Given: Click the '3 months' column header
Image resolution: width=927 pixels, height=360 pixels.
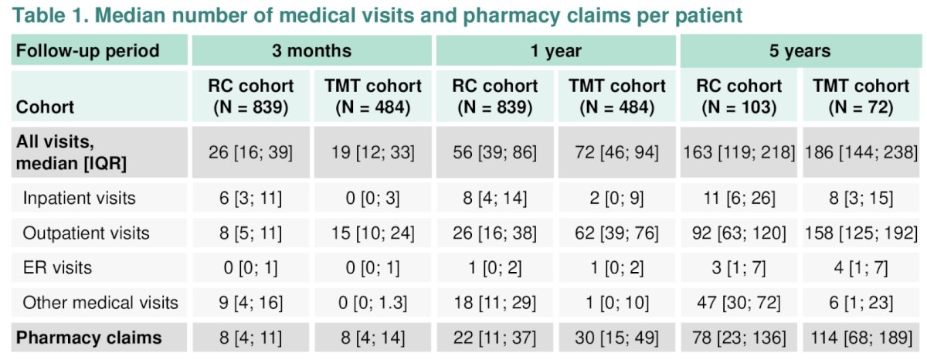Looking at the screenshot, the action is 311,51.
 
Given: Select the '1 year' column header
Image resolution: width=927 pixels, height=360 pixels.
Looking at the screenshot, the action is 555,51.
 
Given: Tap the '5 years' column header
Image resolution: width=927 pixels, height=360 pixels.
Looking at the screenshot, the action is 800,51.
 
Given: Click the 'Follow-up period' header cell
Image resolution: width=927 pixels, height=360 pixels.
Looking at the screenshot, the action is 87,51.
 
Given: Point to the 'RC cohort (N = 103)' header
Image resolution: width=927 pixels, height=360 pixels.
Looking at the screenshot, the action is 739,97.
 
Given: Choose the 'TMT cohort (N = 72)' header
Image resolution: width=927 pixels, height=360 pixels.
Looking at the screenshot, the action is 861,97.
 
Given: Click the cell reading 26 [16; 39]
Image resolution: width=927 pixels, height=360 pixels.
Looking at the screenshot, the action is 250,152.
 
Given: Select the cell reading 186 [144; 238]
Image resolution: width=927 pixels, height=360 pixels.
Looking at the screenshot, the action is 861,152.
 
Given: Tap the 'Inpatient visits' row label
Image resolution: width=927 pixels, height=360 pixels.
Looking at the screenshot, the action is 79,198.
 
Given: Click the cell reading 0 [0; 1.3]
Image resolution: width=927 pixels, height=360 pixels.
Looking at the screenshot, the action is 372,303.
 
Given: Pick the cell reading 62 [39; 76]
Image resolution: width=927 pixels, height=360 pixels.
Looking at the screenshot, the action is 616,233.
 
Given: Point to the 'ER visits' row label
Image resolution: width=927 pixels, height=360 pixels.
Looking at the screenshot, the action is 57,267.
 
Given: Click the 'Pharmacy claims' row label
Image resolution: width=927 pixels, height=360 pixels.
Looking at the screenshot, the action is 89,338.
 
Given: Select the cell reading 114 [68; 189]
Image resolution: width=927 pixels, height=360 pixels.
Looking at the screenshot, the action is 861,338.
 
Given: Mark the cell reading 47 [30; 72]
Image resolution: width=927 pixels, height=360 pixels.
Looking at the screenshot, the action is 739,303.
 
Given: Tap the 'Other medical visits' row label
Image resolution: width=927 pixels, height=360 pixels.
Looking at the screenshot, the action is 100,303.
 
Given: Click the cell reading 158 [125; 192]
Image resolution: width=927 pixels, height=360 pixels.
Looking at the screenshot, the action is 861,233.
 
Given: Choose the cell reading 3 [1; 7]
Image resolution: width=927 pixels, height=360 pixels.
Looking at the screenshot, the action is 739,267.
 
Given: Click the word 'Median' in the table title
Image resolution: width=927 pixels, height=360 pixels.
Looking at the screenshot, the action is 131,15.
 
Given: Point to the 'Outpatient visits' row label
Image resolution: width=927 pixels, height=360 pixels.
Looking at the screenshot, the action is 86,233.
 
